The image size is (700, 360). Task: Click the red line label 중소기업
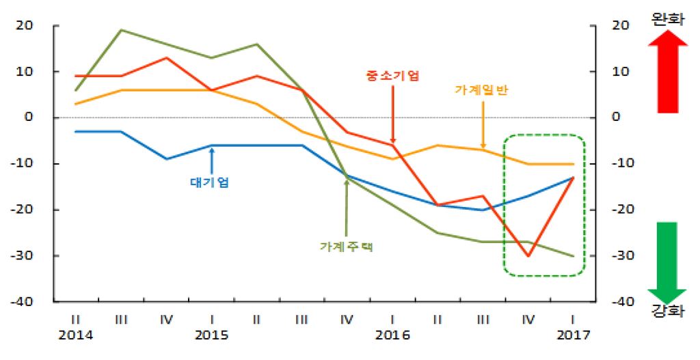392,75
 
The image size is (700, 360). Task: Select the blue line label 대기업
209,182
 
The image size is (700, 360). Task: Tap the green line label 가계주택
346,246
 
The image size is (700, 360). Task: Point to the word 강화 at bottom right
667,311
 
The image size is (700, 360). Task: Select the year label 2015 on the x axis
211,335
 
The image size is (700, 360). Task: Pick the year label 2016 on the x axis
392,335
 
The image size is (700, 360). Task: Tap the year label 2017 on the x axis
573,335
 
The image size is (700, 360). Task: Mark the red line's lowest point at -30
528,255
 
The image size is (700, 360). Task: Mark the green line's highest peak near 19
121,30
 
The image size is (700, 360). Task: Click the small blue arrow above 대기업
212,161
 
